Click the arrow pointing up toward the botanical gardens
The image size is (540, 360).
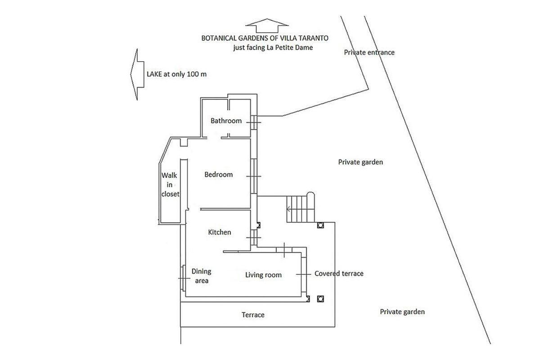(267, 26)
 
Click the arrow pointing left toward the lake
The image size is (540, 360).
(137, 74)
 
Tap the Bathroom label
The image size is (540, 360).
(226, 121)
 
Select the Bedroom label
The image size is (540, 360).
(219, 174)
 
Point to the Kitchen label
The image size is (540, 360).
(220, 232)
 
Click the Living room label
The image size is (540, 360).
(264, 275)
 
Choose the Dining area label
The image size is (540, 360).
(202, 276)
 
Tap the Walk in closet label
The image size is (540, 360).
(170, 184)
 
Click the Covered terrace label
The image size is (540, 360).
(339, 274)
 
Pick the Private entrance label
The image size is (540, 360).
(369, 52)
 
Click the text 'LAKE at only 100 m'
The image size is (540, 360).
(177, 74)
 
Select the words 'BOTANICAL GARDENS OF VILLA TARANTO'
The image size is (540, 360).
(265, 38)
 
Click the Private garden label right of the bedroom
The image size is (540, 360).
(360, 162)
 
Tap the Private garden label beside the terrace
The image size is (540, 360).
(402, 312)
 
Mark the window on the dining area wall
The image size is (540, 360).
(184, 278)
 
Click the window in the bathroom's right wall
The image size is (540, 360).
(254, 122)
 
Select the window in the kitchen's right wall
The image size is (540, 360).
(254, 238)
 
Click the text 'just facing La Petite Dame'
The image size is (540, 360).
(273, 48)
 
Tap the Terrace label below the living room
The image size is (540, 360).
(253, 315)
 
